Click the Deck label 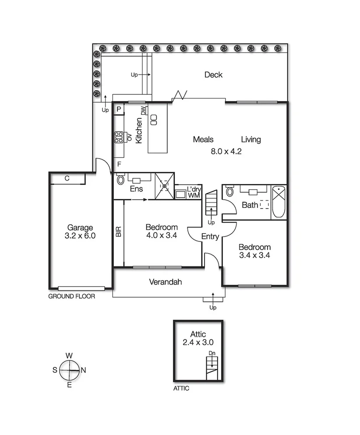tap(213, 75)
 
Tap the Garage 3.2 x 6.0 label tap(80, 231)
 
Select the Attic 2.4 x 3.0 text tap(198, 339)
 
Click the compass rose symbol tap(69, 370)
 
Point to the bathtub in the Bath tap(279, 202)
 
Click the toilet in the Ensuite tap(120, 180)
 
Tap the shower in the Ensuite tap(164, 187)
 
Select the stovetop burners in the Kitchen tap(119, 138)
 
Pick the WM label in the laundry tap(193, 195)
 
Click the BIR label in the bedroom tap(119, 232)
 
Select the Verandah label tap(165, 282)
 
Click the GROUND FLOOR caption tap(71, 297)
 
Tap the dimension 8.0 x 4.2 tap(226, 151)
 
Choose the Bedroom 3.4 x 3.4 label tap(254, 251)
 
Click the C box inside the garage tap(67, 178)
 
